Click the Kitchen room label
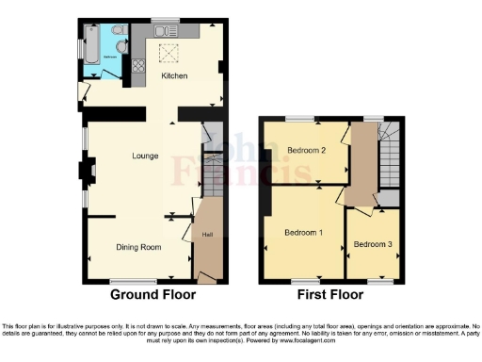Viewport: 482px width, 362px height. [173, 75]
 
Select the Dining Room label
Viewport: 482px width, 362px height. [138, 247]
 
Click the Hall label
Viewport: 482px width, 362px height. [206, 233]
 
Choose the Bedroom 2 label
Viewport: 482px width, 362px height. [306, 151]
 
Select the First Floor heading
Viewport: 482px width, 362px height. [331, 295]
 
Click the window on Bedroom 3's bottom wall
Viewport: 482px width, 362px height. [380, 281]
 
